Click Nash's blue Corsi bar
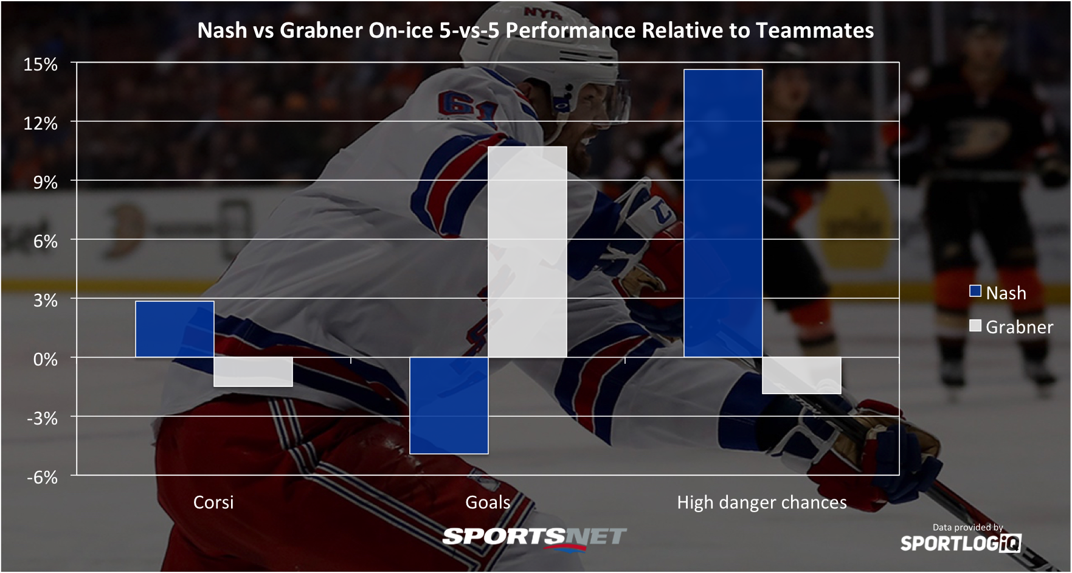coord(175,329)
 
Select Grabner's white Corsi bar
coord(254,372)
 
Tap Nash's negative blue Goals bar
coord(449,405)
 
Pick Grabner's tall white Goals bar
coord(528,252)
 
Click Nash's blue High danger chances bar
coord(724,214)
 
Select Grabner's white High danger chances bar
coord(802,375)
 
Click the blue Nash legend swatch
coord(975,291)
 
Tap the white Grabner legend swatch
coord(975,325)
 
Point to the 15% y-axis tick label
coord(41,64)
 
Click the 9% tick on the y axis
coord(46,182)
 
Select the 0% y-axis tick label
coord(46,359)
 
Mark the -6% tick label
coord(42,477)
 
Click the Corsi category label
coord(213,502)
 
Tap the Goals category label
coord(488,502)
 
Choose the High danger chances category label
coord(762,502)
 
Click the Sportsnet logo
coord(534,538)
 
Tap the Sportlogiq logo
coord(961,543)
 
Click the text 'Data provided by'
coord(968,527)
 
